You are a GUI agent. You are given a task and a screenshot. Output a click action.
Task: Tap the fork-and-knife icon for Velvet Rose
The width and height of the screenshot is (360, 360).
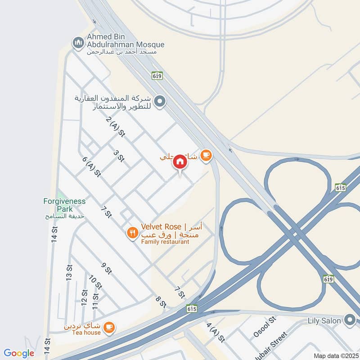click(x=132, y=233)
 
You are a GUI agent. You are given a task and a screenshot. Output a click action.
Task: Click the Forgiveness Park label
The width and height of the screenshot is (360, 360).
click(x=65, y=205)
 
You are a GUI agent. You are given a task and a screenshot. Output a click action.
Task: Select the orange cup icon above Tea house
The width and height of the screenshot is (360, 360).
click(x=108, y=328)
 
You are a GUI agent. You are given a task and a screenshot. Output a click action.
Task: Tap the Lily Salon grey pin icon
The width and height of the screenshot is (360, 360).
click(x=350, y=320)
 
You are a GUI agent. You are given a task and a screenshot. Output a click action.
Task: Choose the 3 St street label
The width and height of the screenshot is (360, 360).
click(x=119, y=156)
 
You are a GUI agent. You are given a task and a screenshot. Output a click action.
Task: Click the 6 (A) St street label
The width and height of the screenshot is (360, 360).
click(x=91, y=167)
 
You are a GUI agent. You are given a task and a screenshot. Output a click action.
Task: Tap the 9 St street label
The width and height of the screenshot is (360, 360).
click(x=106, y=268)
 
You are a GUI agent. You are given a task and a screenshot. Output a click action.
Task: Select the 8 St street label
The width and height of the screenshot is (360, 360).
click(x=161, y=301)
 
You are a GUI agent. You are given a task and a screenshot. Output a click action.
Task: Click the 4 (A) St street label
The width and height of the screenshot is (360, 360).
click(x=215, y=331)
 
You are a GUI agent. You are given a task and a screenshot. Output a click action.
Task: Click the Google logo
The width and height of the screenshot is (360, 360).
click(x=19, y=353)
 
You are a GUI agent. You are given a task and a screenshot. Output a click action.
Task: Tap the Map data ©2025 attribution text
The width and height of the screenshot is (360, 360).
click(x=335, y=355)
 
